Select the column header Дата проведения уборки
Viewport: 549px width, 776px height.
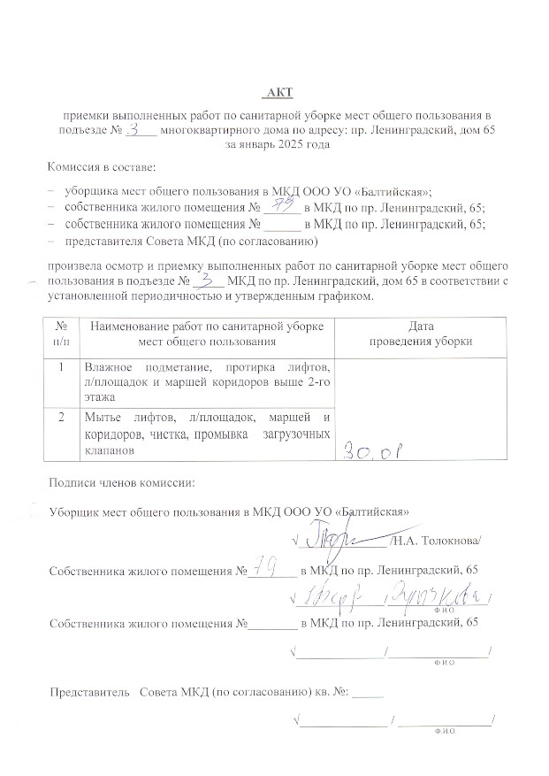point(408,334)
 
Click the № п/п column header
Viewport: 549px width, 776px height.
point(61,334)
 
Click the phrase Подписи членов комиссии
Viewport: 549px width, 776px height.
point(122,482)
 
